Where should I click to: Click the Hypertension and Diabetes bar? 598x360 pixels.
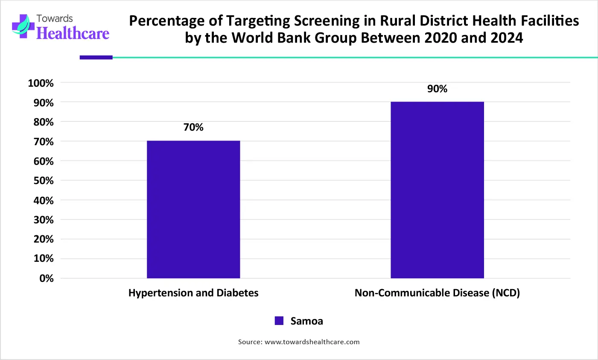[193, 209]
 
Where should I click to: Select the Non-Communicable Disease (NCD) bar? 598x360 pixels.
[437, 190]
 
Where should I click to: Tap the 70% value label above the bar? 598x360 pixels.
[193, 127]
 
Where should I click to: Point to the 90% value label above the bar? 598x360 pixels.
[437, 89]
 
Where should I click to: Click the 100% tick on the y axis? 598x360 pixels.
[41, 83]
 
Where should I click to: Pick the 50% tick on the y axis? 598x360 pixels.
[44, 181]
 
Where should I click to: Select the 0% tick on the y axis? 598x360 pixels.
[47, 278]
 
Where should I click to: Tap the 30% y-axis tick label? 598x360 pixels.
[44, 220]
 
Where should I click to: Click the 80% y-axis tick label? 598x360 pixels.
[44, 122]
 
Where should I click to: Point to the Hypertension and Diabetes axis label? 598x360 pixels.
[193, 293]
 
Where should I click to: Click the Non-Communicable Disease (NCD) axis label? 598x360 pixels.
[437, 293]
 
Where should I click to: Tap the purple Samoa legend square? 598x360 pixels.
[279, 321]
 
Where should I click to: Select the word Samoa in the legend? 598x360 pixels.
[306, 321]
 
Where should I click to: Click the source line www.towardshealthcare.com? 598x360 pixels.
[299, 342]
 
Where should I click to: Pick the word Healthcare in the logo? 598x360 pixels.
[73, 33]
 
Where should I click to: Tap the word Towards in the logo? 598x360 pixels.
[55, 18]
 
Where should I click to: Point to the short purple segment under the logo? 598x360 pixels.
[96, 57]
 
